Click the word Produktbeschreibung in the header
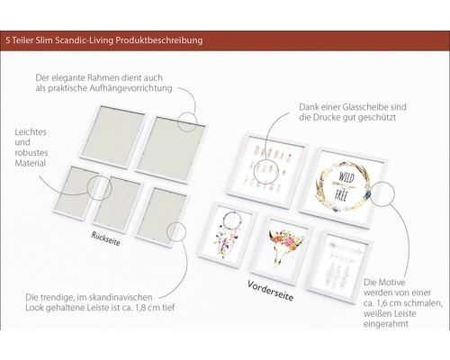coord(159,40)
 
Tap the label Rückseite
coord(105,238)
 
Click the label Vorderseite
coord(270,291)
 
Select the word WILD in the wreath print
coord(346,177)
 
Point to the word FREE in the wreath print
coord(341,195)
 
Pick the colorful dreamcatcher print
coord(227,235)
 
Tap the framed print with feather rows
coord(267,170)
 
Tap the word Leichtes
coord(31,132)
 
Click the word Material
coord(30,164)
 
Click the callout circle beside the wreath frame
coord(383,193)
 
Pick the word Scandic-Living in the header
coord(85,40)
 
